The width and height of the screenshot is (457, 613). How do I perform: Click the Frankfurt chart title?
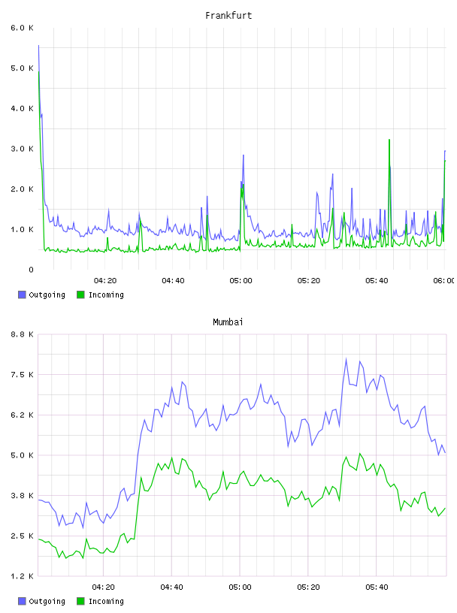pyautogui.click(x=228, y=16)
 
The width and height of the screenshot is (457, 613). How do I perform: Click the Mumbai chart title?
pyautogui.click(x=228, y=322)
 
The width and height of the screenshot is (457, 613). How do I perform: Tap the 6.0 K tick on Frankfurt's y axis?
pyautogui.click(x=23, y=28)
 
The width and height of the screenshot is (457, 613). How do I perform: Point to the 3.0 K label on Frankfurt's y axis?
pyautogui.click(x=23, y=149)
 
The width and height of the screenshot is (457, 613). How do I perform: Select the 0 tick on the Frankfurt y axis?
pyautogui.click(x=31, y=270)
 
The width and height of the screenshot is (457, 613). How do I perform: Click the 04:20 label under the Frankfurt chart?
pyautogui.click(x=105, y=281)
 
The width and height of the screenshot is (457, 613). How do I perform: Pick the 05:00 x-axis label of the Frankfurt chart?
pyautogui.click(x=241, y=281)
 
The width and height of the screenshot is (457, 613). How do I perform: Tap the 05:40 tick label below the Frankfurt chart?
pyautogui.click(x=377, y=281)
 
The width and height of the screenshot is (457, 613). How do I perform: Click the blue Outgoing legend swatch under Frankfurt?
pyautogui.click(x=22, y=294)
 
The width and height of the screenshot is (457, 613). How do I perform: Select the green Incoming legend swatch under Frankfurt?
pyautogui.click(x=80, y=294)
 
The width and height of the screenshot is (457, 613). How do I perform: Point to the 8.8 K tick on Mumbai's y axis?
pyautogui.click(x=23, y=334)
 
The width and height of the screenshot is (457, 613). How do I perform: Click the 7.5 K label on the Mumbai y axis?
pyautogui.click(x=23, y=375)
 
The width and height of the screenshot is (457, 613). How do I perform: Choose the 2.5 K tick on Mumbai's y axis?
pyautogui.click(x=23, y=536)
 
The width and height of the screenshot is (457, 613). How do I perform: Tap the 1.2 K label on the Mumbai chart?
pyautogui.click(x=23, y=576)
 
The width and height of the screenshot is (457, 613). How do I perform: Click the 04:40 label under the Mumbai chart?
pyautogui.click(x=172, y=587)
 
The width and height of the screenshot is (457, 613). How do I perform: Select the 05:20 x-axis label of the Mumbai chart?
pyautogui.click(x=308, y=587)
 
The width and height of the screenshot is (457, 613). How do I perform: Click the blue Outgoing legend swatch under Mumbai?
pyautogui.click(x=22, y=601)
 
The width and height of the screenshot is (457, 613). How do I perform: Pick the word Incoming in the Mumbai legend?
pyautogui.click(x=106, y=602)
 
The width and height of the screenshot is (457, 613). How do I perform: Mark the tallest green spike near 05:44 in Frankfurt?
pyautogui.click(x=389, y=140)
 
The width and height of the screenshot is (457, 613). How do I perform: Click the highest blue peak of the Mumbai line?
pyautogui.click(x=346, y=358)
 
